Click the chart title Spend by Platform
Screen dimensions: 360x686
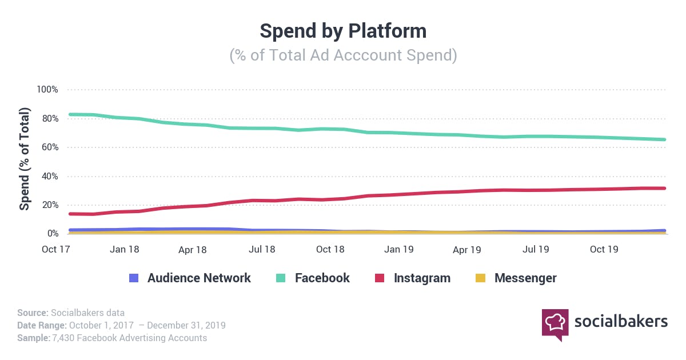click(343, 31)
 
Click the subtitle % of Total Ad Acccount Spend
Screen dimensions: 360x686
click(343, 56)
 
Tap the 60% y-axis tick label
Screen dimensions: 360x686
click(49, 147)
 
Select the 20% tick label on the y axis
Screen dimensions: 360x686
click(49, 205)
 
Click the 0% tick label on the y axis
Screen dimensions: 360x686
click(51, 234)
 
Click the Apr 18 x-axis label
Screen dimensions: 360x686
click(193, 250)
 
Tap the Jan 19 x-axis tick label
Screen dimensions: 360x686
click(398, 250)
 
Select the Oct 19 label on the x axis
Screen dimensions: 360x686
click(604, 250)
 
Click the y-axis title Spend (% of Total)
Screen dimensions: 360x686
click(25, 159)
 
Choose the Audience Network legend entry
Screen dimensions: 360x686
click(198, 278)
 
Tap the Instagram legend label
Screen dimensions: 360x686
click(422, 278)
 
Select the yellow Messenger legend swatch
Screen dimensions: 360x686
click(480, 278)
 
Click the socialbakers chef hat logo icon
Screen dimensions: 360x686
click(555, 323)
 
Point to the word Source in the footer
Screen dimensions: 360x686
click(32, 313)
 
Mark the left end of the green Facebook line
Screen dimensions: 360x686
click(70, 114)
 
